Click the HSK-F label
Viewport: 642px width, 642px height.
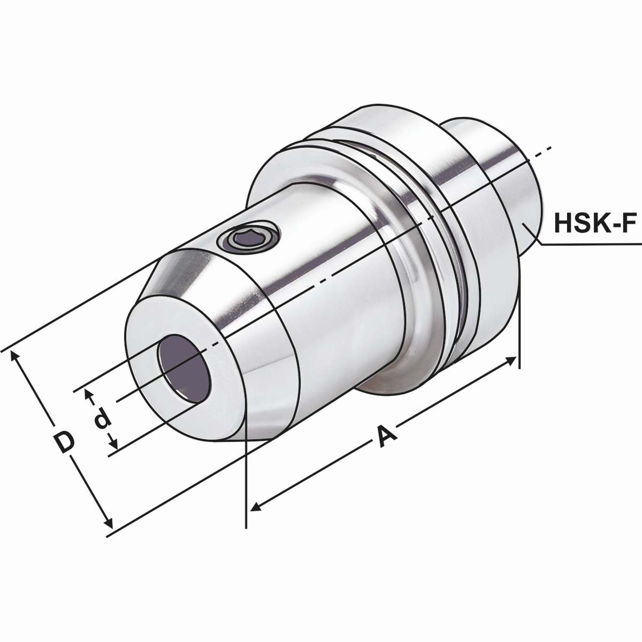click(x=594, y=222)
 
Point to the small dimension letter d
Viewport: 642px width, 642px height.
click(x=101, y=420)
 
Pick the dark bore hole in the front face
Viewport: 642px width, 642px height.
click(x=183, y=368)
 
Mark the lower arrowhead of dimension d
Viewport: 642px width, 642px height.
click(x=113, y=444)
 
